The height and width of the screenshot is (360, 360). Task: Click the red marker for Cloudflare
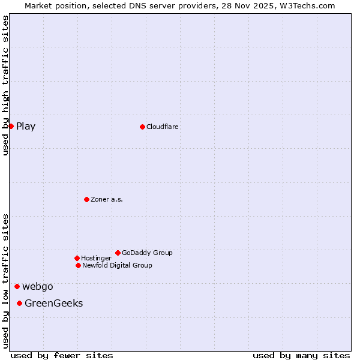[142, 127]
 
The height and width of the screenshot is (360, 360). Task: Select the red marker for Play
[11, 126]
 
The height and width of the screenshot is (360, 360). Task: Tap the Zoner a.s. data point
[86, 199]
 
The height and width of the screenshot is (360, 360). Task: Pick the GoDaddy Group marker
[118, 253]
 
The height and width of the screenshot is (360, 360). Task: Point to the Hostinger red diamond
[77, 258]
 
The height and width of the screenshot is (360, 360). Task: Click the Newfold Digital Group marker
[78, 265]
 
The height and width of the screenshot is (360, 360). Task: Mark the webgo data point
[17, 286]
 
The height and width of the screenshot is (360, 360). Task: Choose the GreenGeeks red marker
[19, 303]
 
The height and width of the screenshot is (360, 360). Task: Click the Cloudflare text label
[163, 127]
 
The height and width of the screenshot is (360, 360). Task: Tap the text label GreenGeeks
[54, 303]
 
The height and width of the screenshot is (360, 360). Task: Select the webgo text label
[38, 286]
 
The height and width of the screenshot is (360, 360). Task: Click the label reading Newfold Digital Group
[117, 265]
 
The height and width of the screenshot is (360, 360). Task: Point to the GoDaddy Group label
[147, 253]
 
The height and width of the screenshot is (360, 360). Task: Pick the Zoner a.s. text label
[107, 199]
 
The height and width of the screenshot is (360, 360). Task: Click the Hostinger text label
[96, 258]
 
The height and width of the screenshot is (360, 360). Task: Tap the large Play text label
[26, 126]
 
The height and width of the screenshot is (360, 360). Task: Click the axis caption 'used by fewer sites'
[62, 355]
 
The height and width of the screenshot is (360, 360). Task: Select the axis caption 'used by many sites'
[301, 355]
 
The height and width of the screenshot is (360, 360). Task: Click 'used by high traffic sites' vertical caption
[5, 85]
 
